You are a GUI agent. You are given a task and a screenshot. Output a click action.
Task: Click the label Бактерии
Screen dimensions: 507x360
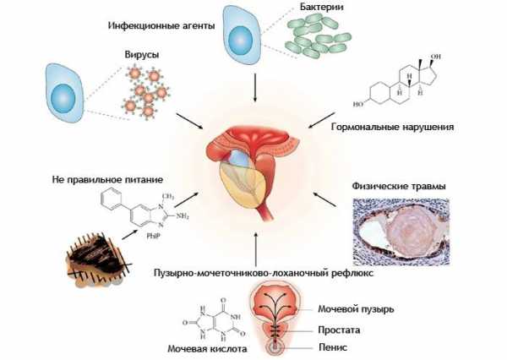click(321, 8)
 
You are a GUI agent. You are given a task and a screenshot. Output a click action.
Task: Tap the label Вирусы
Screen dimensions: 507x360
click(142, 55)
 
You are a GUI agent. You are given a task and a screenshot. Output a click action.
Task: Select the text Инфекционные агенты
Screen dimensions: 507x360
click(161, 25)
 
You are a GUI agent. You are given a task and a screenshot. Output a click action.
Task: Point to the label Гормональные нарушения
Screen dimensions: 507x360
click(392, 127)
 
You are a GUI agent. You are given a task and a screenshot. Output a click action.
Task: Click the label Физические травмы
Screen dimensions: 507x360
click(399, 186)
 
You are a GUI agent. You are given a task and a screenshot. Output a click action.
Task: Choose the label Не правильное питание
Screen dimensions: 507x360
click(107, 179)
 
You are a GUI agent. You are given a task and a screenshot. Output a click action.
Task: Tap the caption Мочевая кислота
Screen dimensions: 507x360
click(207, 349)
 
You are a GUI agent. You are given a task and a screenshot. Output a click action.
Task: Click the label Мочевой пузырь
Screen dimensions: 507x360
click(356, 309)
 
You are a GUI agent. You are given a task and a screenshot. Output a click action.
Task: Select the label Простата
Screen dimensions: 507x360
click(339, 330)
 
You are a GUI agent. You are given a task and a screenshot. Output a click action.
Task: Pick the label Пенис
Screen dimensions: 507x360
click(333, 347)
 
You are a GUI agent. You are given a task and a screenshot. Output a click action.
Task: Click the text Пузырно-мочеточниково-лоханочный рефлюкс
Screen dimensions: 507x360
click(264, 273)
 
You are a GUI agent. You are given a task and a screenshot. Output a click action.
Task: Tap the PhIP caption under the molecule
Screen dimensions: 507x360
click(154, 236)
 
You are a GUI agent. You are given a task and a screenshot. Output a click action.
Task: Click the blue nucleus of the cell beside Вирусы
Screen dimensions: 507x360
click(63, 99)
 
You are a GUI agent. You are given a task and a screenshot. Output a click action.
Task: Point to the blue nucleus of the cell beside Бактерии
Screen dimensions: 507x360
click(240, 40)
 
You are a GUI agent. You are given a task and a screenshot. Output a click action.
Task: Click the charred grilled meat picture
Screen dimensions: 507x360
click(97, 259)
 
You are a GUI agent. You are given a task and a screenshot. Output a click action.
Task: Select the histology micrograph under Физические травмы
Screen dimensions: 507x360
click(401, 232)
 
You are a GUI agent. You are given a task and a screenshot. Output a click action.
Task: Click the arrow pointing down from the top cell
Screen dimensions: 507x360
click(255, 88)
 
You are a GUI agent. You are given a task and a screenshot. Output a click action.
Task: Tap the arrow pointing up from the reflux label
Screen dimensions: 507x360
click(256, 248)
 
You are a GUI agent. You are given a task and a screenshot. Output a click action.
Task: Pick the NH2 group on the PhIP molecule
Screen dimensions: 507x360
click(182, 216)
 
